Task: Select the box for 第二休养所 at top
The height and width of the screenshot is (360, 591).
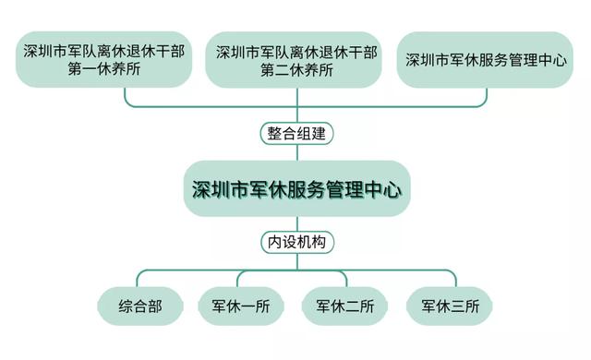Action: point(295,59)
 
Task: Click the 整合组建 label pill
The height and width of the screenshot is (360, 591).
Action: point(295,133)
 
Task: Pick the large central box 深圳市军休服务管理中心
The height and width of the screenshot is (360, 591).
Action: point(295,188)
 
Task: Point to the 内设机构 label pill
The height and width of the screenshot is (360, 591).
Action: point(295,243)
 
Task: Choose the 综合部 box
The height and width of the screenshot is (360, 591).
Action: point(139,306)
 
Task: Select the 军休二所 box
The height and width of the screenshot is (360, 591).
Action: point(346,306)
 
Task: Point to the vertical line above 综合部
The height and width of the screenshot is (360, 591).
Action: point(139,280)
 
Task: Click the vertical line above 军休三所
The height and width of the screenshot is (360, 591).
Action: point(453,280)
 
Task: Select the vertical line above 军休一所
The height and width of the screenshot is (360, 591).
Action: point(243,280)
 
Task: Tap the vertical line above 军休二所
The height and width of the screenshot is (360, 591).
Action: point(348,280)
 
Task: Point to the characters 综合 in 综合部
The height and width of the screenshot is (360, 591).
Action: point(132,306)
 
